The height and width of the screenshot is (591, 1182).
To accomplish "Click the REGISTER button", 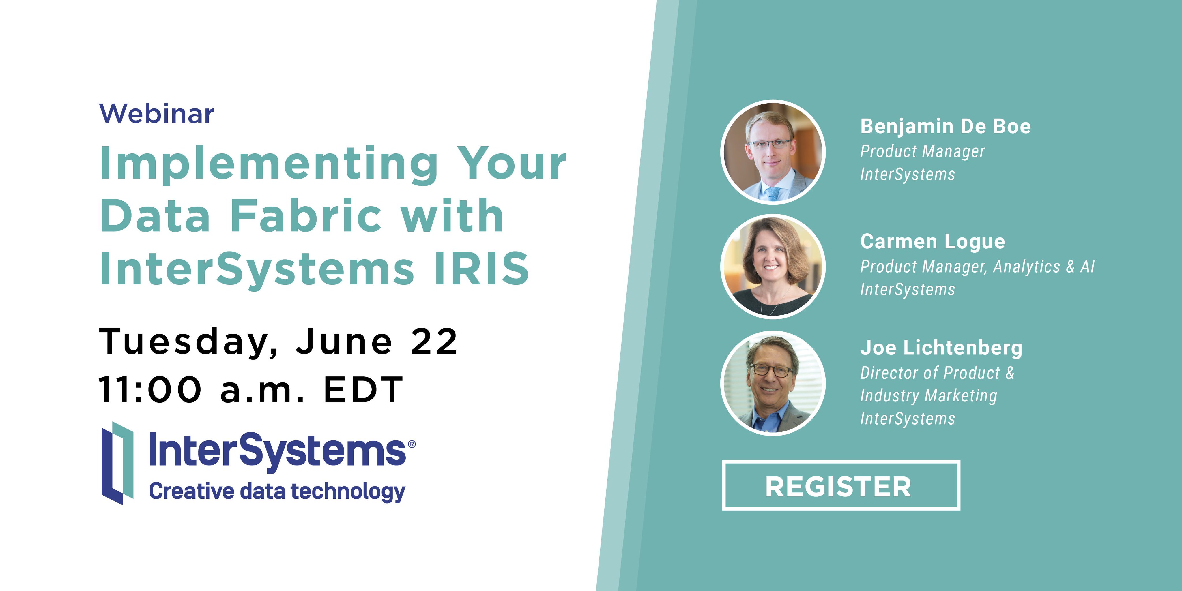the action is coord(841,485).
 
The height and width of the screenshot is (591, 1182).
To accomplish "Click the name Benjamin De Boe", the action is coord(945,127).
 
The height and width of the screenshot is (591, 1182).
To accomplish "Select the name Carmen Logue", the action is coord(932,242).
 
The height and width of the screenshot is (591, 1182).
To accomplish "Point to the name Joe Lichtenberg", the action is coord(941,348).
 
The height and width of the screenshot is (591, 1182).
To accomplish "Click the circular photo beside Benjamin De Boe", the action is coord(773,152).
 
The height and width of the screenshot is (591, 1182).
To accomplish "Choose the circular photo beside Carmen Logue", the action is coord(773,267).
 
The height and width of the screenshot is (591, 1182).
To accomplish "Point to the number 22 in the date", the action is coord(434,342).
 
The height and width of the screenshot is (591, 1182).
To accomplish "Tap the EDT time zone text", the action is coord(363,390).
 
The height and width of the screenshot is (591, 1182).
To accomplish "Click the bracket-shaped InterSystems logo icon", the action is coord(117,463).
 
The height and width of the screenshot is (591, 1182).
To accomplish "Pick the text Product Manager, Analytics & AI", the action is coord(977,267).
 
